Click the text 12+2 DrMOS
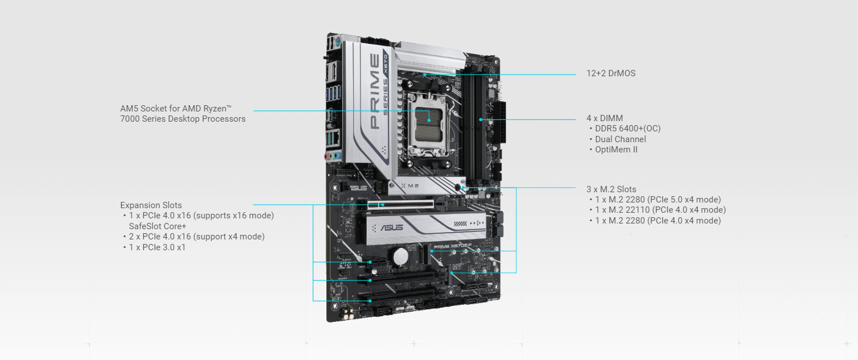(611, 73)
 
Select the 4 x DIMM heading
(604, 118)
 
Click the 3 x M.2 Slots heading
(611, 189)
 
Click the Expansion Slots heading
(151, 205)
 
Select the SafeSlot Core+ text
(157, 226)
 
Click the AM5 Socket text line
(176, 109)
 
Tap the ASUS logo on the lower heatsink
(391, 227)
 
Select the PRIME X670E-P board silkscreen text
(453, 246)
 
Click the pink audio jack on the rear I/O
(327, 156)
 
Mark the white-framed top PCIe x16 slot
(401, 205)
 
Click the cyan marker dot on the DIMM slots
(480, 119)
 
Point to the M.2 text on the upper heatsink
(413, 186)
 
